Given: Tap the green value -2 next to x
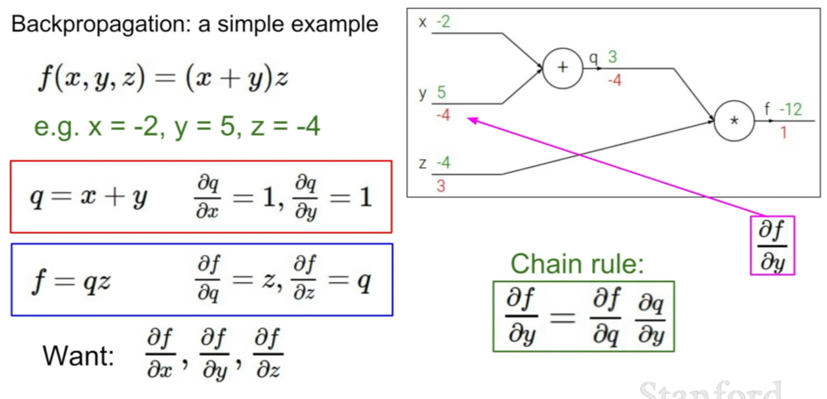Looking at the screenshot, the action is [x=443, y=22].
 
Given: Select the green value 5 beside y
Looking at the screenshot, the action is [x=441, y=92].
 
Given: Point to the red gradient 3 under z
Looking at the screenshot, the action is [x=441, y=186].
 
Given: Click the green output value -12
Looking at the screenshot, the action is [x=791, y=109].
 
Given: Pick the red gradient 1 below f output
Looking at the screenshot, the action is [x=783, y=133].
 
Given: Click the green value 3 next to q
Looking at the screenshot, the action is [x=612, y=57].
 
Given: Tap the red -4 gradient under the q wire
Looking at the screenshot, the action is [x=615, y=80].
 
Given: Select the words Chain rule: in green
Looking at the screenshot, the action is [x=577, y=264].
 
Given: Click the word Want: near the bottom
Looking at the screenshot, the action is [x=79, y=356].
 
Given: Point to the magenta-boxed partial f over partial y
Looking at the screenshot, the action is [x=772, y=245].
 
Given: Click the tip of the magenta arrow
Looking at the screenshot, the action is [x=468, y=118].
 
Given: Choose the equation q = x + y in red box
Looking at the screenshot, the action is [x=89, y=197].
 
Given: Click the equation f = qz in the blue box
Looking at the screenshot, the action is [x=71, y=281].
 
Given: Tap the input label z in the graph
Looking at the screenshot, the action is [x=423, y=163].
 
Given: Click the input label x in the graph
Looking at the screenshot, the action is [x=423, y=23].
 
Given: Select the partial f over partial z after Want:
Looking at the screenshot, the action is [x=268, y=353].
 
